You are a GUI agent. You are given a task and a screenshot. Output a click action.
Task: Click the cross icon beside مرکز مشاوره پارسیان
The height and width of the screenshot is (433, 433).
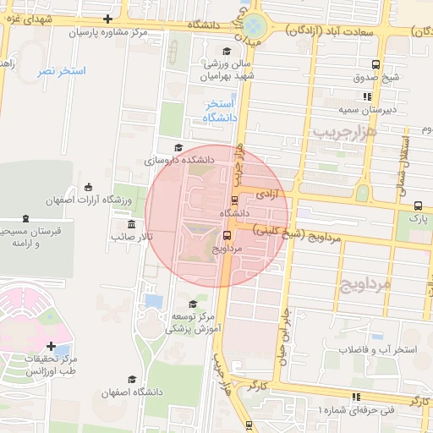(107, 19)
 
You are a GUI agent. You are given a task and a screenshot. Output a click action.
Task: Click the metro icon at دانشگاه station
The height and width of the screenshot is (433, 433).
(233, 200)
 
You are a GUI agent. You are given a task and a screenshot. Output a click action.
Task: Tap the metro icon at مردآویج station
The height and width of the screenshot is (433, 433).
(227, 236)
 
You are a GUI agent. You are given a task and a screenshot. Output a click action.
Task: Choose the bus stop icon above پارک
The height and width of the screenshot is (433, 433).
(418, 205)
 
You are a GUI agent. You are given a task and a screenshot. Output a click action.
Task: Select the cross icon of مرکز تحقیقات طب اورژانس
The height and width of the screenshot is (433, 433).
(52, 346)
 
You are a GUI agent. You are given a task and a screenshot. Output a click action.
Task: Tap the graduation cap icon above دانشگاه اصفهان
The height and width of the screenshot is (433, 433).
(131, 380)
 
